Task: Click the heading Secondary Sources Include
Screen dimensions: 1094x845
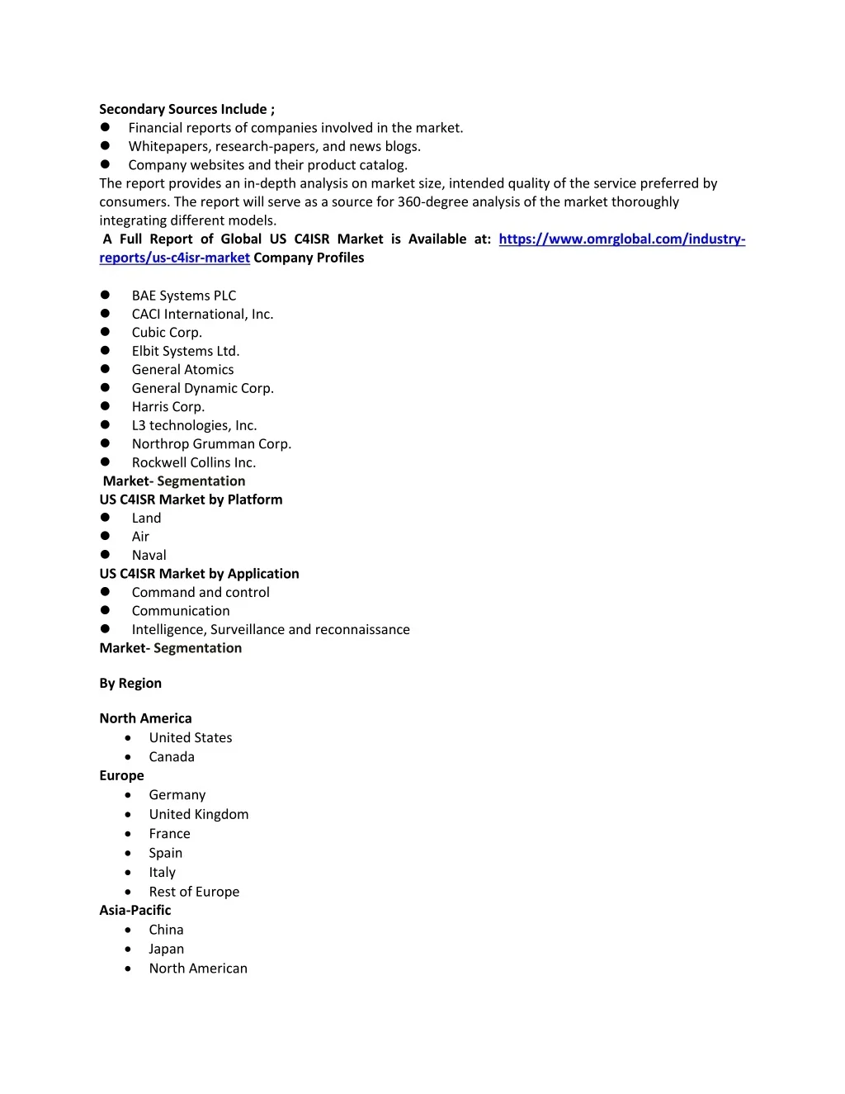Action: (186, 109)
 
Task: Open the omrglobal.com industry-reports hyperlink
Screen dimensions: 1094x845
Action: (621, 239)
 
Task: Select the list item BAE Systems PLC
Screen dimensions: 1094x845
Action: (183, 296)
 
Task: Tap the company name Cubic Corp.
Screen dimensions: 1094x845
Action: (167, 333)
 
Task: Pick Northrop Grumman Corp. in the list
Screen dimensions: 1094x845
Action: (211, 444)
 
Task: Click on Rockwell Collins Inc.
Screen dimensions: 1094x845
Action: (194, 462)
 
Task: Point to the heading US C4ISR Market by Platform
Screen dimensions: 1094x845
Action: (191, 500)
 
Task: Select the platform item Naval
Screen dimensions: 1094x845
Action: (149, 556)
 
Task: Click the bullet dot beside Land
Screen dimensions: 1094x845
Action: (105, 518)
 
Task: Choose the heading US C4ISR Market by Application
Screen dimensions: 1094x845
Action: (199, 574)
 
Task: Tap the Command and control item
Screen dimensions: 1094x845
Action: (201, 593)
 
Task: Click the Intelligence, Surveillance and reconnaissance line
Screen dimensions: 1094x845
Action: (271, 630)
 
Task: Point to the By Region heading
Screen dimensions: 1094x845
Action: (130, 684)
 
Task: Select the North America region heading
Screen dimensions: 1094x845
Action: (145, 718)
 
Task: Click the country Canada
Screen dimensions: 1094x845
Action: (172, 757)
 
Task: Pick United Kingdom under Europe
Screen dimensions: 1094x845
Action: (199, 814)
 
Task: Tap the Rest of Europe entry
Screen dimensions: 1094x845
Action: (194, 892)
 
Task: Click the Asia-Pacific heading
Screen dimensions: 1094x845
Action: (135, 910)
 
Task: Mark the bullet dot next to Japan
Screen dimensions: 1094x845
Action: (128, 950)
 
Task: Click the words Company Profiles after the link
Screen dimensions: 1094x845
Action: (309, 258)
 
